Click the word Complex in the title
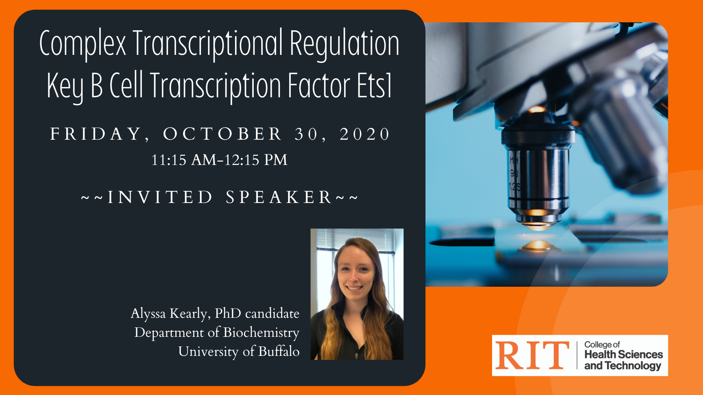click(82, 44)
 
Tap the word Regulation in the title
click(344, 44)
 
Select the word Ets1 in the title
click(374, 86)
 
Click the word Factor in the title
click(319, 86)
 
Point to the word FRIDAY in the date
click(96, 134)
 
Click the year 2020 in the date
click(365, 134)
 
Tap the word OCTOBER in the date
click(223, 134)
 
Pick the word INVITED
click(160, 197)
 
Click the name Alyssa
click(148, 313)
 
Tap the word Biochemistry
click(261, 332)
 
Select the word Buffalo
click(279, 351)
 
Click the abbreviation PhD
click(228, 313)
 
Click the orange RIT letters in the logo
click(532, 355)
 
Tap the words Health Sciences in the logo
click(624, 354)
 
